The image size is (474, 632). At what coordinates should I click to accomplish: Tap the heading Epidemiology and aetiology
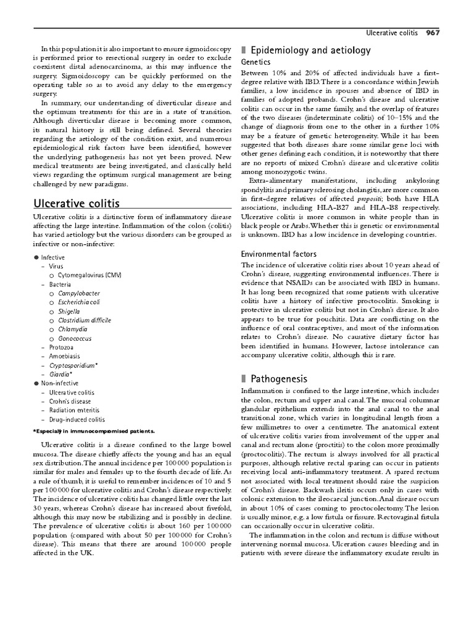[x=311, y=51]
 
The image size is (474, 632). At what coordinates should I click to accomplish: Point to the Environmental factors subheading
[x=278, y=254]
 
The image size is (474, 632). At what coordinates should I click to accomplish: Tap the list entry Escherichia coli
[x=78, y=302]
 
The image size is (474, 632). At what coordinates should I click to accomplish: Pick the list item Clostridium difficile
[x=85, y=320]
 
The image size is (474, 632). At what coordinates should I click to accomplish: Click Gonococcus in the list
[x=75, y=339]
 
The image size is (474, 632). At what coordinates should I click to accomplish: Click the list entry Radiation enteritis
[x=74, y=410]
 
